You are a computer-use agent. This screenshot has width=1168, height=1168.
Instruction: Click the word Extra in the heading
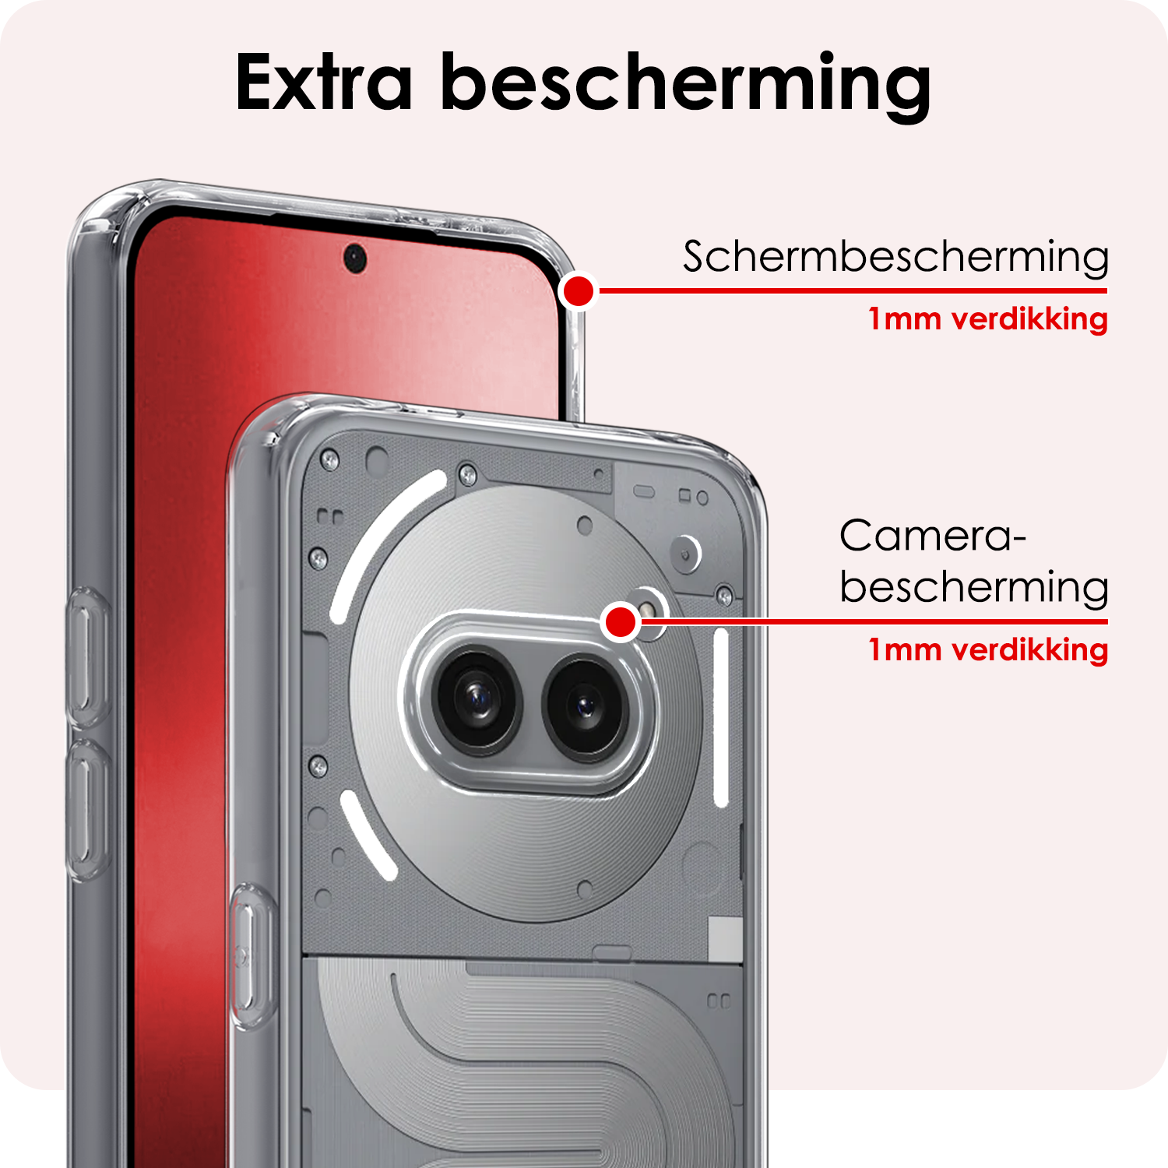coord(323,83)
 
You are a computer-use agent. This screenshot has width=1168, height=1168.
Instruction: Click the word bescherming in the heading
coord(685,86)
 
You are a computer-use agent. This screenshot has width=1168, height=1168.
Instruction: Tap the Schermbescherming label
coord(895,256)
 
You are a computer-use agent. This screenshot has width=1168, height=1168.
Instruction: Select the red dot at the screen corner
coord(579,291)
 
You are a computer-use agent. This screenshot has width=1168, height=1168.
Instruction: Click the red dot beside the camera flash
coord(621,621)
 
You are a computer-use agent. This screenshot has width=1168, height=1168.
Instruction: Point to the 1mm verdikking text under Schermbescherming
coord(987,319)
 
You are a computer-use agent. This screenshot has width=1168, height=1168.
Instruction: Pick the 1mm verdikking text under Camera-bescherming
coord(987,649)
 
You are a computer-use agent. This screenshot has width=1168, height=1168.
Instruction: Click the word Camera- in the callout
coord(932,536)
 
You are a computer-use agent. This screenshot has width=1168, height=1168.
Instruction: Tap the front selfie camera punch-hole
coord(355,256)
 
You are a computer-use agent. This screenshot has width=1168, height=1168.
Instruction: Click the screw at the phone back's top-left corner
coord(329,460)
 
